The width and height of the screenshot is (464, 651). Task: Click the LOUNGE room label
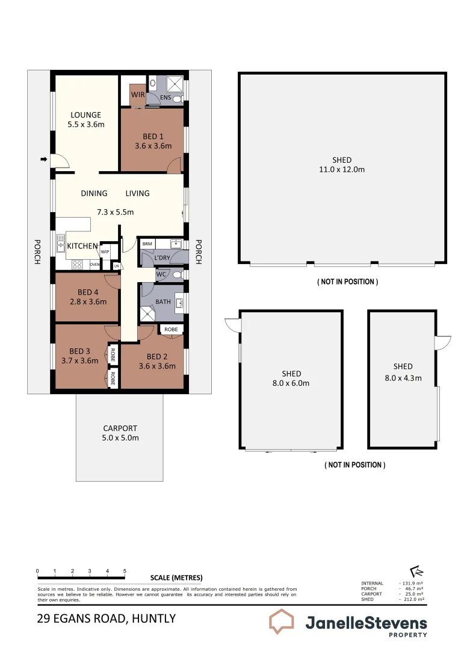pos(86,115)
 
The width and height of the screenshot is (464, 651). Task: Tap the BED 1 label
pos(153,137)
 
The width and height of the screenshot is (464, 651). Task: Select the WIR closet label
pos(138,95)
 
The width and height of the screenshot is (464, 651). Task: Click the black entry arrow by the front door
pos(43,159)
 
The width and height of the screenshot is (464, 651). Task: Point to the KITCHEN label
pos(82,246)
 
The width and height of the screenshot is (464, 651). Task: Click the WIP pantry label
pos(105,251)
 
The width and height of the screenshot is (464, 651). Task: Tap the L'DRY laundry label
pos(162,258)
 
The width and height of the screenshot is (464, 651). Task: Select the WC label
pos(161,275)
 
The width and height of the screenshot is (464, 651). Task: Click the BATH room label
pos(163,301)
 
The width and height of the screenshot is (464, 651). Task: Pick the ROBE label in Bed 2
pos(171,330)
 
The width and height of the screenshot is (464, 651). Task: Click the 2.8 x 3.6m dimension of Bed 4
pos(88,302)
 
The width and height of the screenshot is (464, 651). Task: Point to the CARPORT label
pos(120,429)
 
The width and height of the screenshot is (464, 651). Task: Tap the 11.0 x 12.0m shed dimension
pos(342,169)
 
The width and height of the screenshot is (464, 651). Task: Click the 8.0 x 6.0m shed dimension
pos(291,383)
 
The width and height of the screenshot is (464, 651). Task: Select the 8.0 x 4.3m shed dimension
pos(403,378)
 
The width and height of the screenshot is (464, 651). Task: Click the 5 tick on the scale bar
pos(125,570)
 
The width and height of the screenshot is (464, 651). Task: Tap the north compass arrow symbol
pos(416,571)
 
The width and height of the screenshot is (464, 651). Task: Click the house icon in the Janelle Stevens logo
pos(281,621)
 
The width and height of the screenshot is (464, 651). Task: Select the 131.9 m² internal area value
pos(412,583)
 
